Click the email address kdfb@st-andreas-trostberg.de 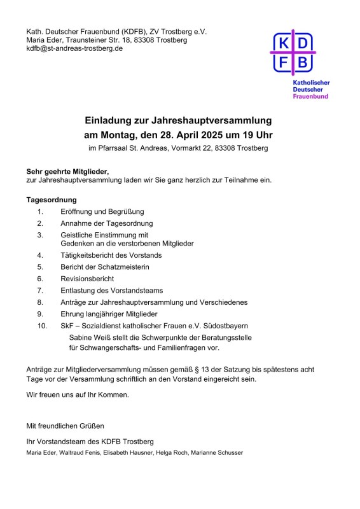coord(74,48)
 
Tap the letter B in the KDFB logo coord(303,62)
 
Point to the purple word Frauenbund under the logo coord(310,96)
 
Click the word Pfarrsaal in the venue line coord(113,149)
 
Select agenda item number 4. coord(40,255)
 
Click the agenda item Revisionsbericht coord(87,279)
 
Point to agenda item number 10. coord(42,325)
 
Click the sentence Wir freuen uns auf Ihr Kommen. coord(77,394)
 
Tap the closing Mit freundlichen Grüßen coord(64,425)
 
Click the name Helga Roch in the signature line coord(172,453)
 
